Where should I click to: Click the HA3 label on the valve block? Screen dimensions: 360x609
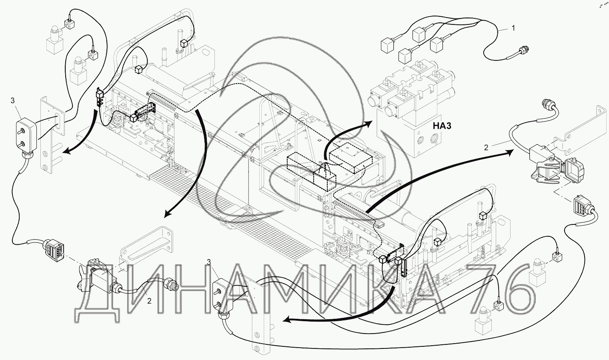pyautogui.click(x=441, y=126)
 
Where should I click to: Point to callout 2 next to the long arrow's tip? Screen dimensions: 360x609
pyautogui.click(x=486, y=147)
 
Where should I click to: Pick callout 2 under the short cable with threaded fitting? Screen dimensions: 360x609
pyautogui.click(x=149, y=301)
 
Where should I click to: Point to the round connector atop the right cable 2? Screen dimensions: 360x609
pyautogui.click(x=547, y=104)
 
